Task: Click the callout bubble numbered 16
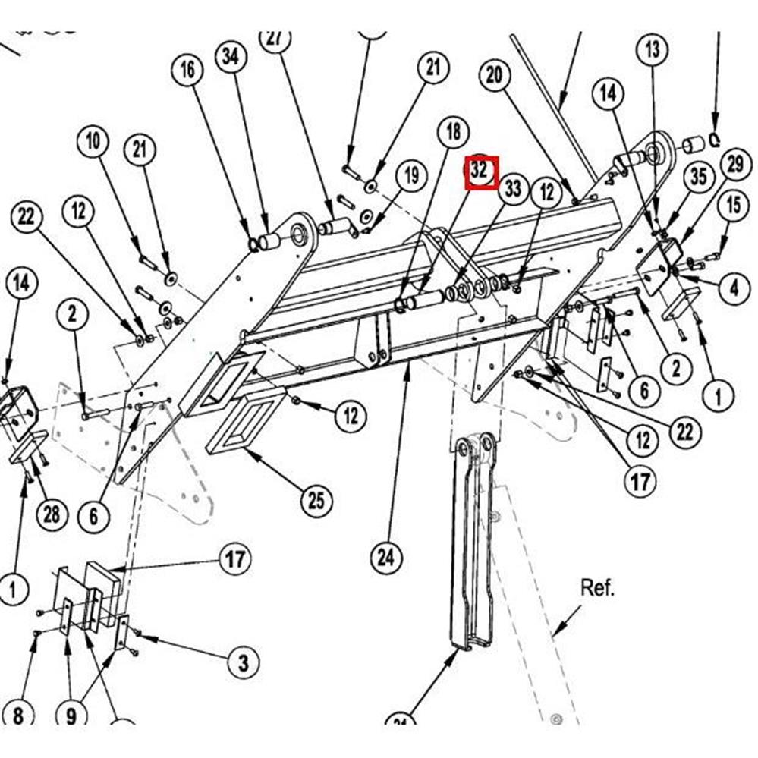pos(187,71)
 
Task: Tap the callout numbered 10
pos(93,141)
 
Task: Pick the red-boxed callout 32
pos(480,171)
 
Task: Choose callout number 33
pos(514,188)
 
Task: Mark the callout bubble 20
pos(495,76)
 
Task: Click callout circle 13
pos(653,52)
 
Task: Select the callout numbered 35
pos(697,176)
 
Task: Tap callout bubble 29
pos(734,164)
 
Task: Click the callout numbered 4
pos(733,288)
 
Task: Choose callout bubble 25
pos(316,500)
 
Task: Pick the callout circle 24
pos(386,559)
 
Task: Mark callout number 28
pos(51,515)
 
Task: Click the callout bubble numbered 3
pos(243,662)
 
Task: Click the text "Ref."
pos(598,587)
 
